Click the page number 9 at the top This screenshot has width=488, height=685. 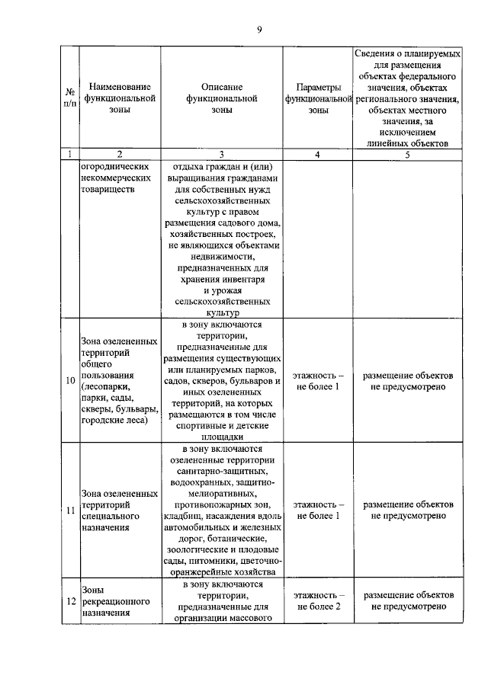click(x=259, y=30)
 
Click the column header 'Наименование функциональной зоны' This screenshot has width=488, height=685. click(x=119, y=98)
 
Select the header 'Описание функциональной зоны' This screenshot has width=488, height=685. click(x=222, y=98)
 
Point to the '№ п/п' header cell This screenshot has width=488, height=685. click(x=70, y=98)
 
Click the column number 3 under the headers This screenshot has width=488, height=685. click(x=222, y=155)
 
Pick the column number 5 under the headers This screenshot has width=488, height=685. click(x=408, y=155)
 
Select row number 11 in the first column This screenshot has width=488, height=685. click(x=70, y=510)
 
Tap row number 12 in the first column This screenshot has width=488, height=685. click(x=70, y=601)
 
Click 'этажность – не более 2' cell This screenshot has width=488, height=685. click(x=319, y=601)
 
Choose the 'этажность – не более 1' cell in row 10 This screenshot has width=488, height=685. click(x=319, y=381)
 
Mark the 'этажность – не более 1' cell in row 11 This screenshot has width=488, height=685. click(x=319, y=510)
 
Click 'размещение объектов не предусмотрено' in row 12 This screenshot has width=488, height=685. click(x=408, y=601)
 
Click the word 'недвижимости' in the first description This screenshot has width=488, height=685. click(x=222, y=258)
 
